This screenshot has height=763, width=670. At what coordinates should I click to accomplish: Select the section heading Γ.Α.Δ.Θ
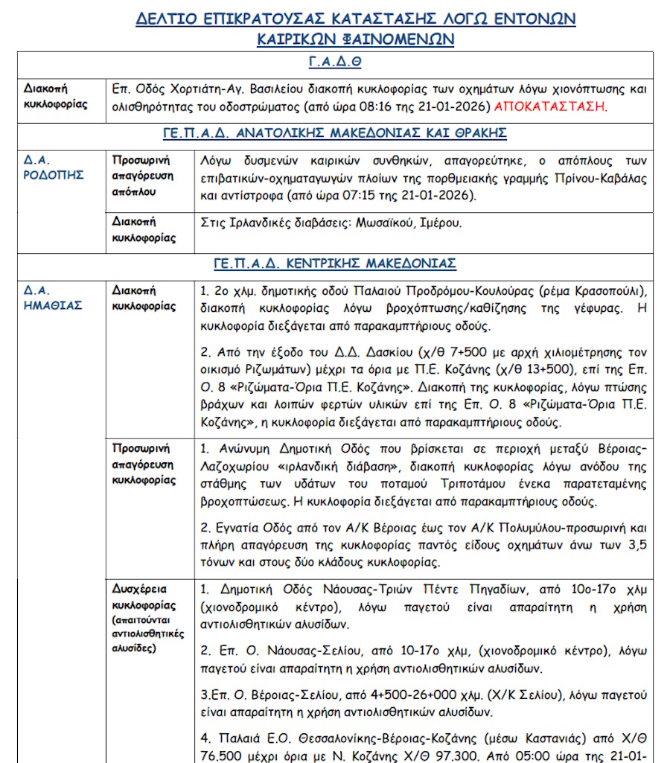point(334,62)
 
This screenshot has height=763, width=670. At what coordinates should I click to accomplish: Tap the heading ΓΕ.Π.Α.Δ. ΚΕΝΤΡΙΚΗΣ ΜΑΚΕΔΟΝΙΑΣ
point(334,264)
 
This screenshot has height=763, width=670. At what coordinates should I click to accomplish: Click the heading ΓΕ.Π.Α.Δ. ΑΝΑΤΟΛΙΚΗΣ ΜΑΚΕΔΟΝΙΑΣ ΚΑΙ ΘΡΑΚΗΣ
point(334,133)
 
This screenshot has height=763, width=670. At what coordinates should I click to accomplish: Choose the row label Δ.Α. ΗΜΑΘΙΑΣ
point(51,298)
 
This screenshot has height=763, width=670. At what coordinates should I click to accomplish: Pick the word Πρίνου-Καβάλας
point(599,179)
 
